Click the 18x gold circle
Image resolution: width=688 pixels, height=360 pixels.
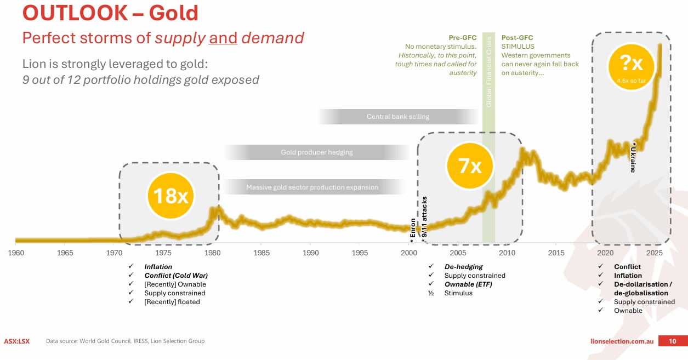coord(170,196)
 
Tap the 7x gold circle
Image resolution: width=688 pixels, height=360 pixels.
coord(470,164)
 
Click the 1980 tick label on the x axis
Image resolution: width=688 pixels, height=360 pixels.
coord(213,253)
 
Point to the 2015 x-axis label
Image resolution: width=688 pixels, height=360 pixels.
coord(556,253)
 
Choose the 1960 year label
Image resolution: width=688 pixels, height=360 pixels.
coord(16,253)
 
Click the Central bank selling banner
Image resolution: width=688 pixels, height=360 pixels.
coord(398,117)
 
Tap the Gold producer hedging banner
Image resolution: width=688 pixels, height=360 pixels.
coord(317,152)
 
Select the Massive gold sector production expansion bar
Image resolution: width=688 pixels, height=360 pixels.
coord(312,187)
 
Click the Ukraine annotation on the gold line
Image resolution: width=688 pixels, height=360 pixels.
coord(633,157)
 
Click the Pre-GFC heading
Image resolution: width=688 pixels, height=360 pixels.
coord(462,38)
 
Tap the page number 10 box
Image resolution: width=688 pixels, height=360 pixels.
coord(672,341)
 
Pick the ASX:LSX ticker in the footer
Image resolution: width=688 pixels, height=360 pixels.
coord(17,341)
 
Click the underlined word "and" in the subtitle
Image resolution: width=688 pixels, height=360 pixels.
coord(223,38)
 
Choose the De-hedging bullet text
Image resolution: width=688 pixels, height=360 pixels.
coord(463,267)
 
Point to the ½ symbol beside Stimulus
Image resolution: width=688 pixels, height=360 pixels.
coord(431,293)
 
